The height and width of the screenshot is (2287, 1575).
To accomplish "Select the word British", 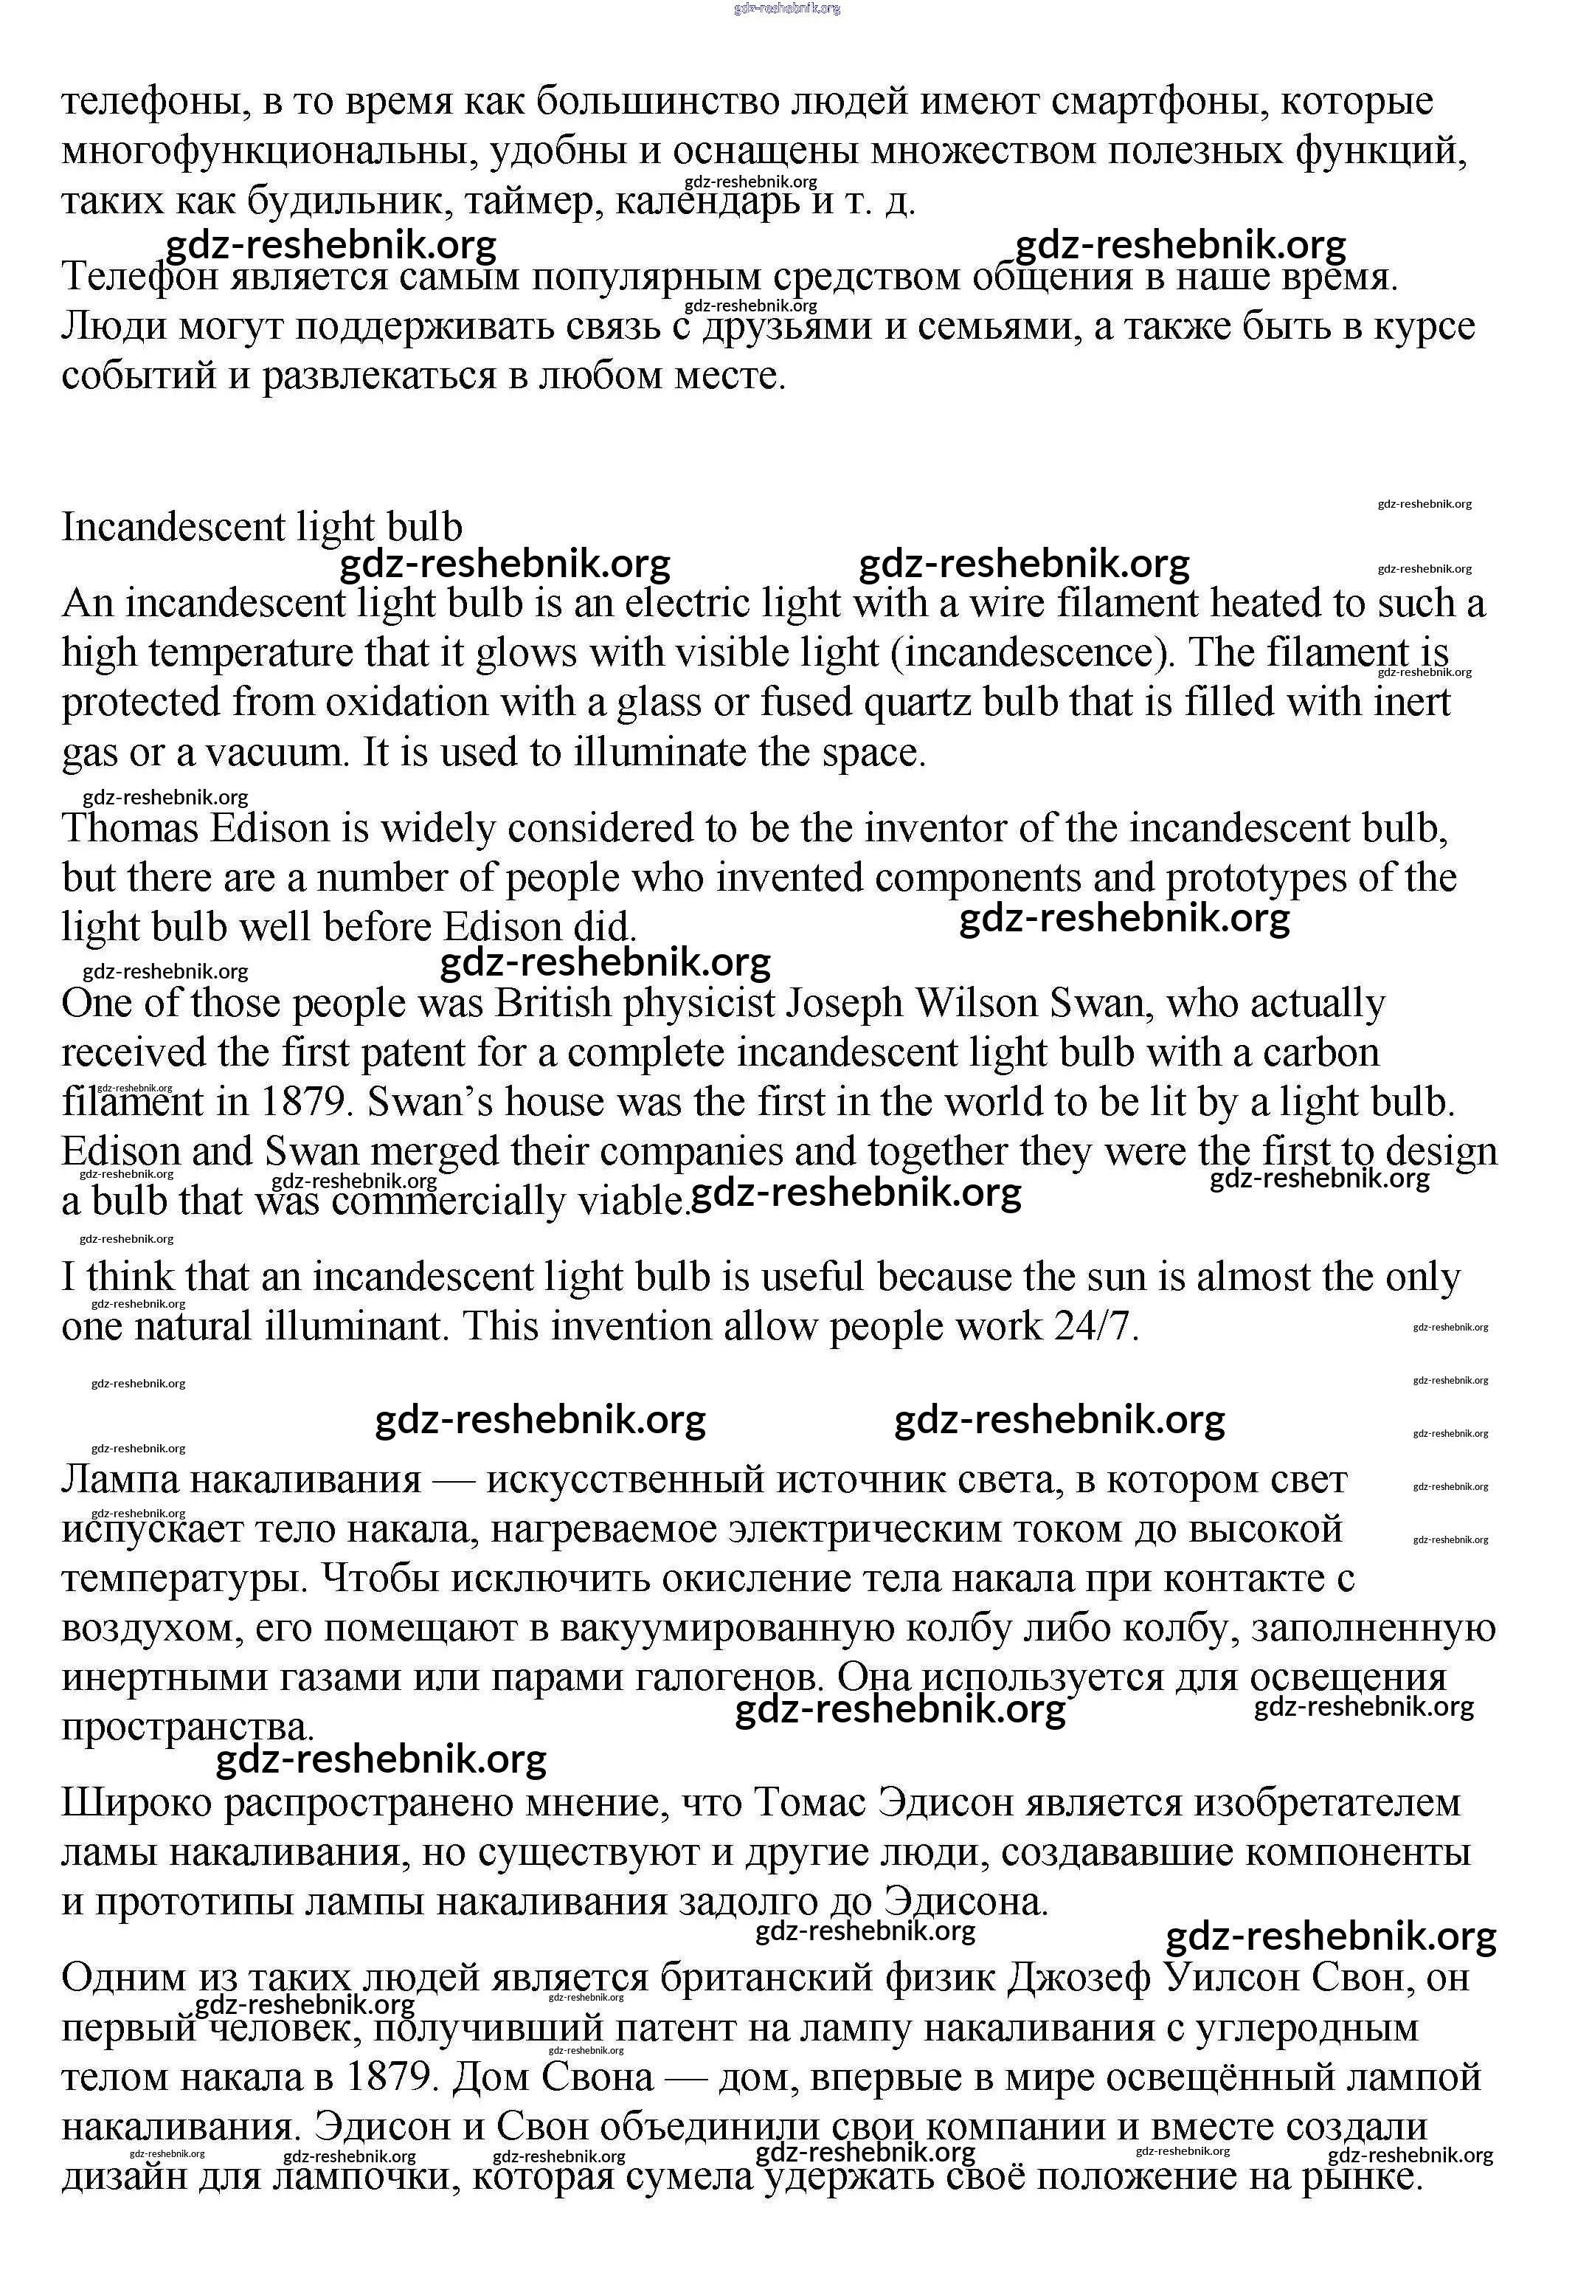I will pyautogui.click(x=553, y=1003).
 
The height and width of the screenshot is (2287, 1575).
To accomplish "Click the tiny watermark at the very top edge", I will pyautogui.click(x=788, y=8).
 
